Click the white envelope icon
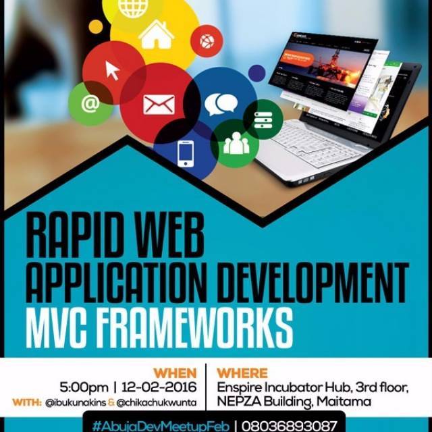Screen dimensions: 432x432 [159, 105]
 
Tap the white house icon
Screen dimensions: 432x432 [156, 34]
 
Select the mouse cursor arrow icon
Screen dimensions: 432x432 [113, 70]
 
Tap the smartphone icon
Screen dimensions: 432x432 [186, 154]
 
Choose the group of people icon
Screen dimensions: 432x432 [236, 143]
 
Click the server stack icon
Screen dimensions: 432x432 [263, 120]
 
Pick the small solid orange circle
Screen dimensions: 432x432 [96, 27]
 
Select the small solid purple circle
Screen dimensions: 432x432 [256, 73]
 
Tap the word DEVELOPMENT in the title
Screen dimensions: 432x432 [313, 283]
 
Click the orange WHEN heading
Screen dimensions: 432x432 [175, 373]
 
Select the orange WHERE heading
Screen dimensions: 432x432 [242, 373]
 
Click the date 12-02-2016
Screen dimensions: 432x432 [159, 387]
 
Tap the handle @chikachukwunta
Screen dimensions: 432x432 [156, 403]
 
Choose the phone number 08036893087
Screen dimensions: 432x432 [289, 426]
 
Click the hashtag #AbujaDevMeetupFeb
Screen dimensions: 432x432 [161, 426]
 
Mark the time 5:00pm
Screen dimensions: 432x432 [84, 387]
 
